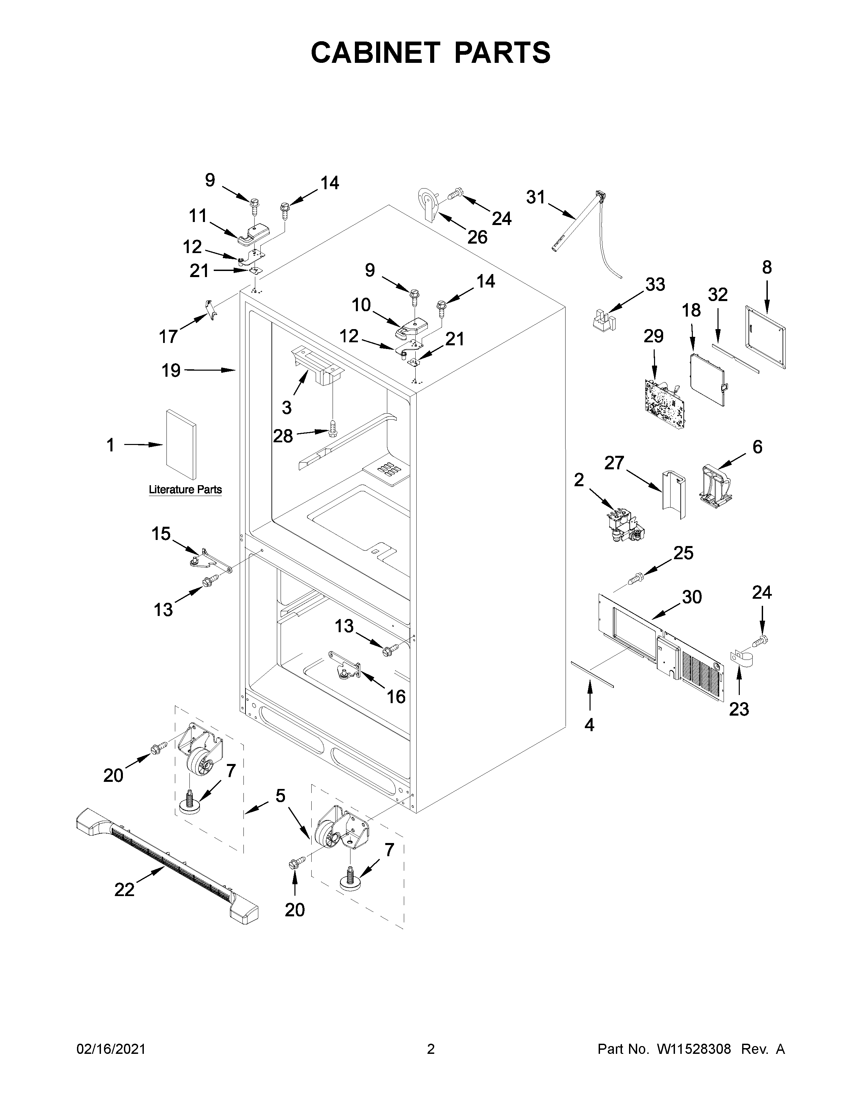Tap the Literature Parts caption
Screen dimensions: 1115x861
click(x=185, y=490)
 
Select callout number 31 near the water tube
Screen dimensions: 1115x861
click(x=536, y=197)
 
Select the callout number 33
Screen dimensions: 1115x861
click(x=655, y=284)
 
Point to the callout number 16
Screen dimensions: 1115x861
click(x=396, y=696)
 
